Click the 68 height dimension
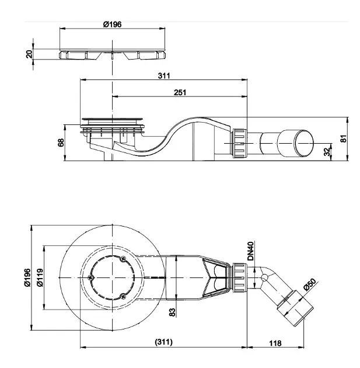[61, 143]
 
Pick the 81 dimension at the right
[342, 138]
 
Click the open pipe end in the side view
[303, 143]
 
